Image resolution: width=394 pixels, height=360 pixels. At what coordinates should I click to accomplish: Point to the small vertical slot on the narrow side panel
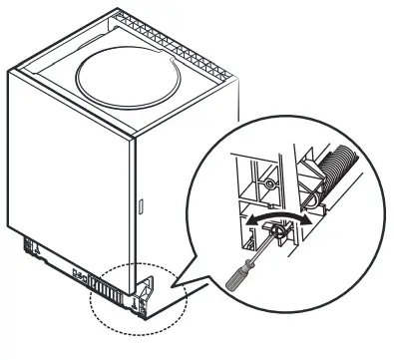click(x=141, y=210)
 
